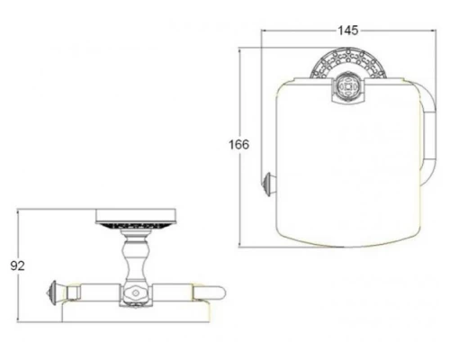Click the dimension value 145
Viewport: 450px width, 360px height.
tap(348, 31)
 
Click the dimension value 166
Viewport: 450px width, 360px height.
tap(239, 145)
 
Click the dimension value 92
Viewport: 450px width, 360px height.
tap(17, 265)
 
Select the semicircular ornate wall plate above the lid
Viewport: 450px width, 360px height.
tap(348, 64)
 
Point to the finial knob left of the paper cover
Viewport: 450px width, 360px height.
tap(268, 184)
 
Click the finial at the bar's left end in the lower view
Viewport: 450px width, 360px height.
tap(52, 292)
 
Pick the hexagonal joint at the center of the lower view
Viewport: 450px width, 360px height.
tap(136, 293)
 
